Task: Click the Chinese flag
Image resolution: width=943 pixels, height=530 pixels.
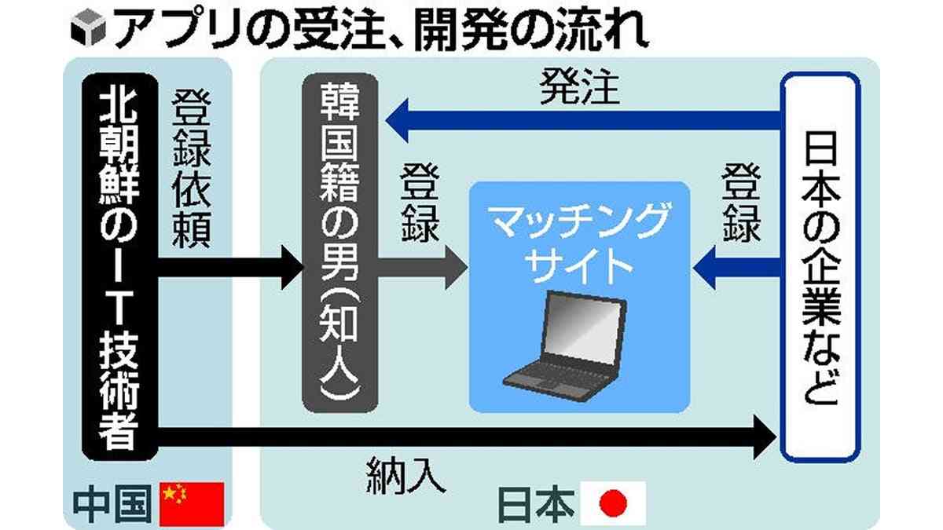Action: (x=192, y=503)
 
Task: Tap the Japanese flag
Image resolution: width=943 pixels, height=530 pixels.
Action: (x=612, y=503)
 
